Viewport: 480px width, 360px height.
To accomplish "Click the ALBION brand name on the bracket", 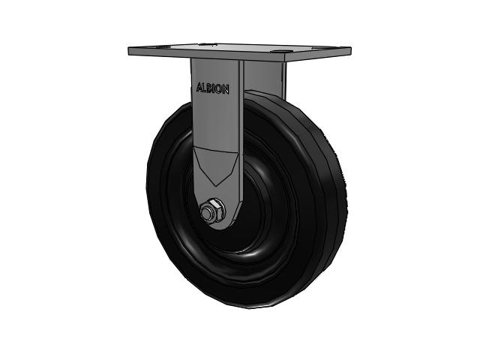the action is click(x=212, y=88).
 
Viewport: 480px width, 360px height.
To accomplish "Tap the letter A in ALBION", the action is click(x=199, y=87).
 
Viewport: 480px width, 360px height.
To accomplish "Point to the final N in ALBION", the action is click(x=226, y=90).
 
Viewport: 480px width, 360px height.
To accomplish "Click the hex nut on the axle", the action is click(x=211, y=210).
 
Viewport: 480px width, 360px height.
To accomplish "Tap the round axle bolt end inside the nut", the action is click(x=208, y=211).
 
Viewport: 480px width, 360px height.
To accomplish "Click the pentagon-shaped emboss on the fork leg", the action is click(x=216, y=166).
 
